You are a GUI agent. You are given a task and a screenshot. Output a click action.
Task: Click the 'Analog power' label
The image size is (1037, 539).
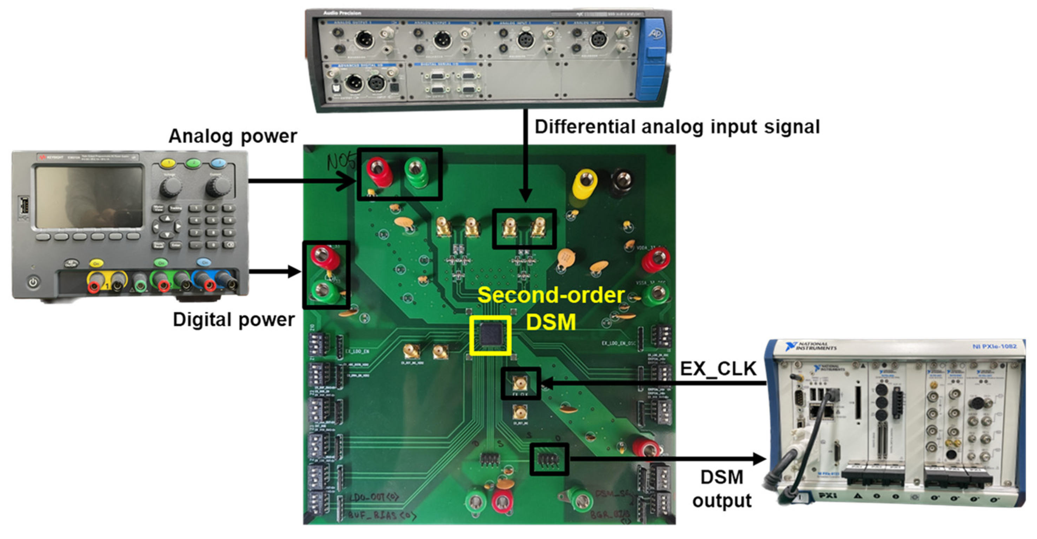[x=233, y=136]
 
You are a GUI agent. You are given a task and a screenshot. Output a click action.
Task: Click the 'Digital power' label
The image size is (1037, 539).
[x=234, y=320]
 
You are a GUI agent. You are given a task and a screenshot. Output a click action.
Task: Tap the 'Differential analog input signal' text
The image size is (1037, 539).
[x=677, y=127]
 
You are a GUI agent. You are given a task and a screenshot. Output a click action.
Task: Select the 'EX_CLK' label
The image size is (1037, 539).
[x=718, y=369]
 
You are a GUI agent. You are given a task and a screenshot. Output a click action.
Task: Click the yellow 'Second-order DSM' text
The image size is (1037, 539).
[x=551, y=308]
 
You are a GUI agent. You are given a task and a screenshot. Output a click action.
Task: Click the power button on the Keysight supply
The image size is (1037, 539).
[x=33, y=282]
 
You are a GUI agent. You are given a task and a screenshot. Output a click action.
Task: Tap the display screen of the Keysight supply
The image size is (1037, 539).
[x=89, y=197]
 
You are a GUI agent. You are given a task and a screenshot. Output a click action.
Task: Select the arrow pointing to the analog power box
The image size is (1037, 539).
[x=302, y=181]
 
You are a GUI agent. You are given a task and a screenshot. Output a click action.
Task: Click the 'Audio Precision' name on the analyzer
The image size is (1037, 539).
[x=342, y=13]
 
